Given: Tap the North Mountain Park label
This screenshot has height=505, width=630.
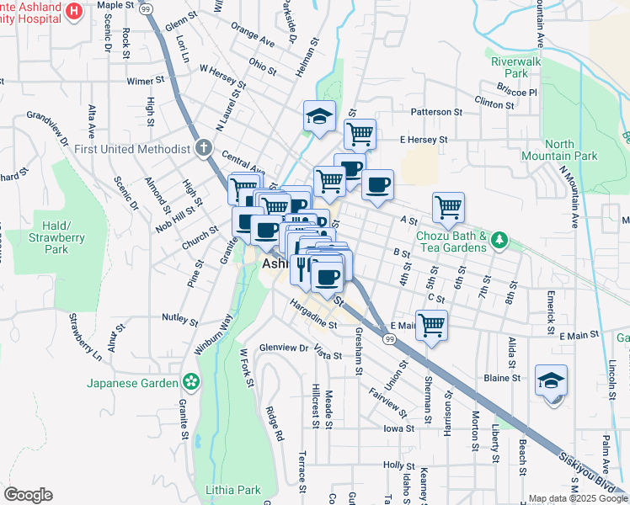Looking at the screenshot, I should point(570,150).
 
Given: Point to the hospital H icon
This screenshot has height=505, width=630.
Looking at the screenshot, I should point(74,12).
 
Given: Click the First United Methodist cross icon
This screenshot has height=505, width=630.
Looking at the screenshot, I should point(202,149).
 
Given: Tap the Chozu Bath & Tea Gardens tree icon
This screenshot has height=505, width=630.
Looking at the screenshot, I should point(499,242).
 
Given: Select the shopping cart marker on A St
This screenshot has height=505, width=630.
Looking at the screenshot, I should point(448,206).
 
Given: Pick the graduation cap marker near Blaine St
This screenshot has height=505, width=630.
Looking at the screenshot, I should point(551,380).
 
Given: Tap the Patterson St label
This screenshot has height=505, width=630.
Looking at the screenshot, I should point(437,112).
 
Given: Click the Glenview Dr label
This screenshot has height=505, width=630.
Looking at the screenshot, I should point(284,348).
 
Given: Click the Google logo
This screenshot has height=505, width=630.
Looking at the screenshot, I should point(28,495).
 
